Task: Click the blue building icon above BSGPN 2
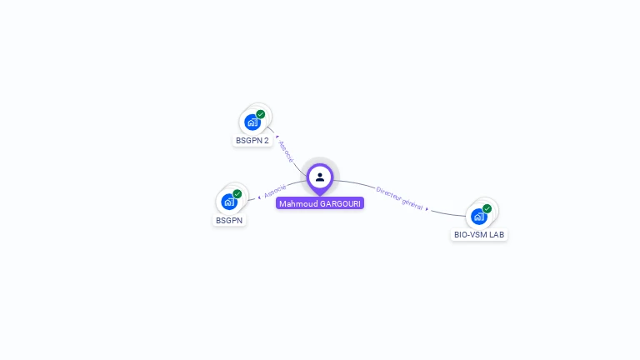pos(251,122)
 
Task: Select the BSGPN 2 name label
pos(252,141)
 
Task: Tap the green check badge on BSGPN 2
pos(261,114)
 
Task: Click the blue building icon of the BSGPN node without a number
pos(227,202)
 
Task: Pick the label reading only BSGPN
pos(228,221)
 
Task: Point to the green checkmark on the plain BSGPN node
pos(237,193)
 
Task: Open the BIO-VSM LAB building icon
pos(477,217)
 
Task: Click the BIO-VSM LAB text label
pos(479,235)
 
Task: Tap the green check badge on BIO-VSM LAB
pos(487,208)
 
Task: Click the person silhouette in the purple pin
pos(320,177)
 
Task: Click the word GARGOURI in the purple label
pos(341,203)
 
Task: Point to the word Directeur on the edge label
pos(388,192)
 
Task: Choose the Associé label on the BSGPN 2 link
pos(285,152)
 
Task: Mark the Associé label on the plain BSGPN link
pos(275,192)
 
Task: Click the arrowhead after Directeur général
pos(428,210)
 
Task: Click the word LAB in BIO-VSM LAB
pos(497,235)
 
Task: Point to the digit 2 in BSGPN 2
pos(267,141)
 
